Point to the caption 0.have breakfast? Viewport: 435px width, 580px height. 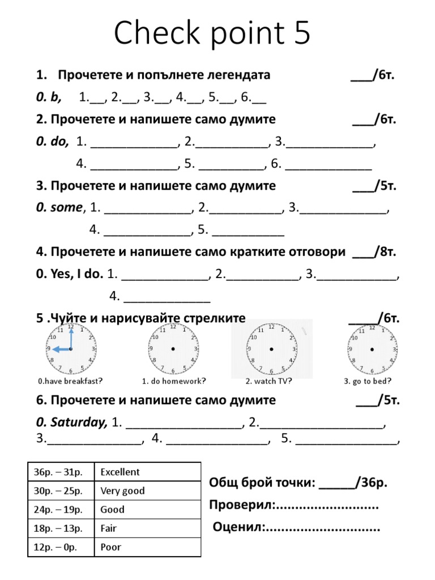pos(70,381)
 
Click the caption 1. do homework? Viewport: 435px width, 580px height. pos(173,381)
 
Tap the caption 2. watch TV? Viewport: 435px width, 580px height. pos(269,381)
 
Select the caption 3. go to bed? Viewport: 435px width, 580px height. pos(368,381)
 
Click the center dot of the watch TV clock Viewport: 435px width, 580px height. pos(271,349)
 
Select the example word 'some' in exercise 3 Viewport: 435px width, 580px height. pos(66,208)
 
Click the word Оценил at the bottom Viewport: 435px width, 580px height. pos(238,528)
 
